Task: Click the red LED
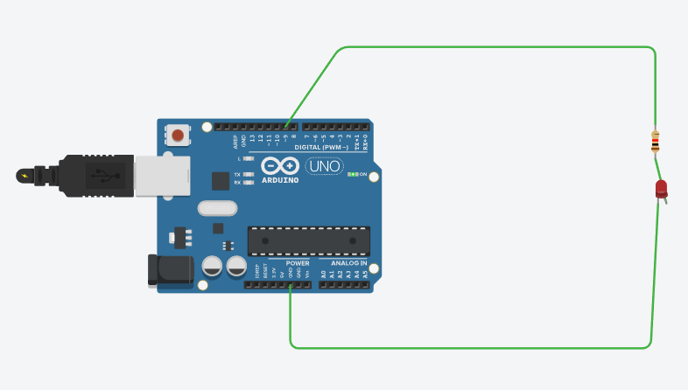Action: (x=661, y=189)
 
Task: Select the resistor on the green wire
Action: (x=655, y=141)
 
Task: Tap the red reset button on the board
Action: (x=179, y=136)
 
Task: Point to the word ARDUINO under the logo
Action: (x=280, y=180)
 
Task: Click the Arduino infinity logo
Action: (x=280, y=166)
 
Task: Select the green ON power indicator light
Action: (x=352, y=175)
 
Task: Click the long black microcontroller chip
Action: (x=308, y=240)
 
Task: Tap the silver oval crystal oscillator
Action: (x=217, y=208)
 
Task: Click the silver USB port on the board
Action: (x=162, y=175)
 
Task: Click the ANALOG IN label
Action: (x=348, y=262)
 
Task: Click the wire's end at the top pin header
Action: (x=286, y=127)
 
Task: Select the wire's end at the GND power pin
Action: (x=291, y=286)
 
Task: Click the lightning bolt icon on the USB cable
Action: (x=24, y=176)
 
